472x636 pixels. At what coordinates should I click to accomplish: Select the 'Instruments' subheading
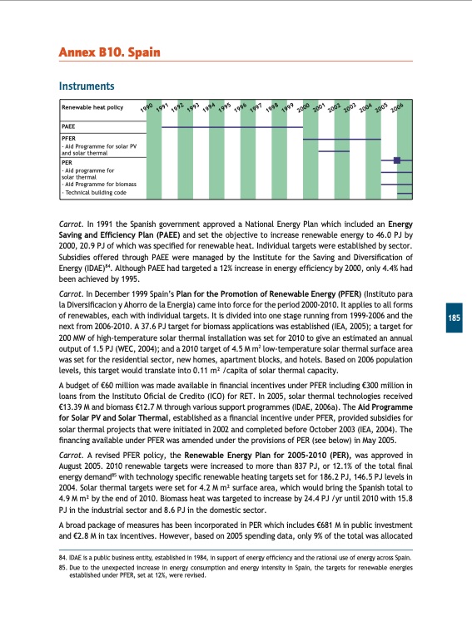[86, 86]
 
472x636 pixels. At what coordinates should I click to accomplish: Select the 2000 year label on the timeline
[305, 107]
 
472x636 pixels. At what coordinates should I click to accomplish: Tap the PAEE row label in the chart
[71, 127]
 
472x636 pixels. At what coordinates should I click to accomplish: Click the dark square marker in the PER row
[397, 160]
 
